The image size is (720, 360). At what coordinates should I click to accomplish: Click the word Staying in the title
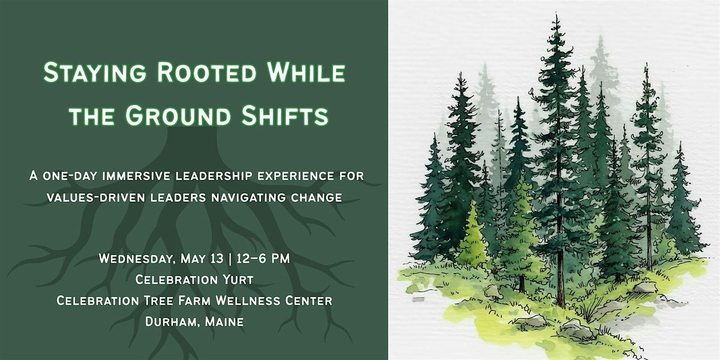[95, 73]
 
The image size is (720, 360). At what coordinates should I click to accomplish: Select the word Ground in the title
[178, 115]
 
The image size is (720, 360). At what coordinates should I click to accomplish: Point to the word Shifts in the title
[285, 115]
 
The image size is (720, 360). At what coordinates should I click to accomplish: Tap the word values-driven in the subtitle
[96, 197]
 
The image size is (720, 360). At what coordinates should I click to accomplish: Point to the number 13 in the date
[217, 259]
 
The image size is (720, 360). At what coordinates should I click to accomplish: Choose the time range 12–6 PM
[263, 259]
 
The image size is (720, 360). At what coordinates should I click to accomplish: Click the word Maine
[224, 322]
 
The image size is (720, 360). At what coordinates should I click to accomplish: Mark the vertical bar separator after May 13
[230, 259]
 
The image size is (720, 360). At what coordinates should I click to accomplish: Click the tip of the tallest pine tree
[556, 13]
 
